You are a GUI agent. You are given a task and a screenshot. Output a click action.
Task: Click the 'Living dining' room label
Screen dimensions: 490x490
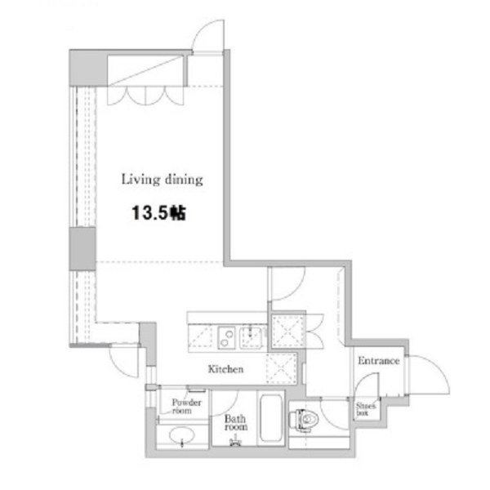[162, 180]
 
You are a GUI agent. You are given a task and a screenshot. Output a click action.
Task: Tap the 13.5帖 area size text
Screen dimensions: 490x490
[158, 213]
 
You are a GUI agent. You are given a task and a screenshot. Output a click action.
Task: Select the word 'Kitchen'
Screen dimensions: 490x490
[225, 369]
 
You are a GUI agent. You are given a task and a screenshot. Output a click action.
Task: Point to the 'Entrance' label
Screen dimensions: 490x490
[378, 361]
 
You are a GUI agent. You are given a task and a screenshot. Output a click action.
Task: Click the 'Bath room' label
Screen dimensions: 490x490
[236, 422]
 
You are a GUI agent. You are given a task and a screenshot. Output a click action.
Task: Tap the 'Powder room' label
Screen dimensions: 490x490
[186, 406]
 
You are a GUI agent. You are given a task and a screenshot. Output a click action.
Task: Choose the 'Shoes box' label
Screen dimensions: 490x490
[365, 409]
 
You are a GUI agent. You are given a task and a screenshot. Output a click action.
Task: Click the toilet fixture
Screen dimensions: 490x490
[304, 420]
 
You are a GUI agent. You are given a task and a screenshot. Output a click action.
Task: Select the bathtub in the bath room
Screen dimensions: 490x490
[271, 418]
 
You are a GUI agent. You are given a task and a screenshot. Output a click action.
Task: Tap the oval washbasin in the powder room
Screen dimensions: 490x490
[181, 434]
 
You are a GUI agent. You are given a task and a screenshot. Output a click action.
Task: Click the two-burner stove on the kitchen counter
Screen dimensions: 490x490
[226, 337]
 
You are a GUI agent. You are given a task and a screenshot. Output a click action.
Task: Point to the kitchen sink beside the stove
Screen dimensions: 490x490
[252, 338]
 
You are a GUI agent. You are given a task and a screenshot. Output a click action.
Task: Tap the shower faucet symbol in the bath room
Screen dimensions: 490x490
[235, 442]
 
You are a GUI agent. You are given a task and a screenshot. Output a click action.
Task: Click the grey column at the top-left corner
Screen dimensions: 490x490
[88, 69]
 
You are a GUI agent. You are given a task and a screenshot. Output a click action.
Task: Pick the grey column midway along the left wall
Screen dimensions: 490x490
[82, 249]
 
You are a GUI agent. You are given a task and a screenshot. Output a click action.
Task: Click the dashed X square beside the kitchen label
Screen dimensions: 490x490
[281, 369]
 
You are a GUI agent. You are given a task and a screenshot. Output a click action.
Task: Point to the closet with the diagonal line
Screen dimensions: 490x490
[145, 70]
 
